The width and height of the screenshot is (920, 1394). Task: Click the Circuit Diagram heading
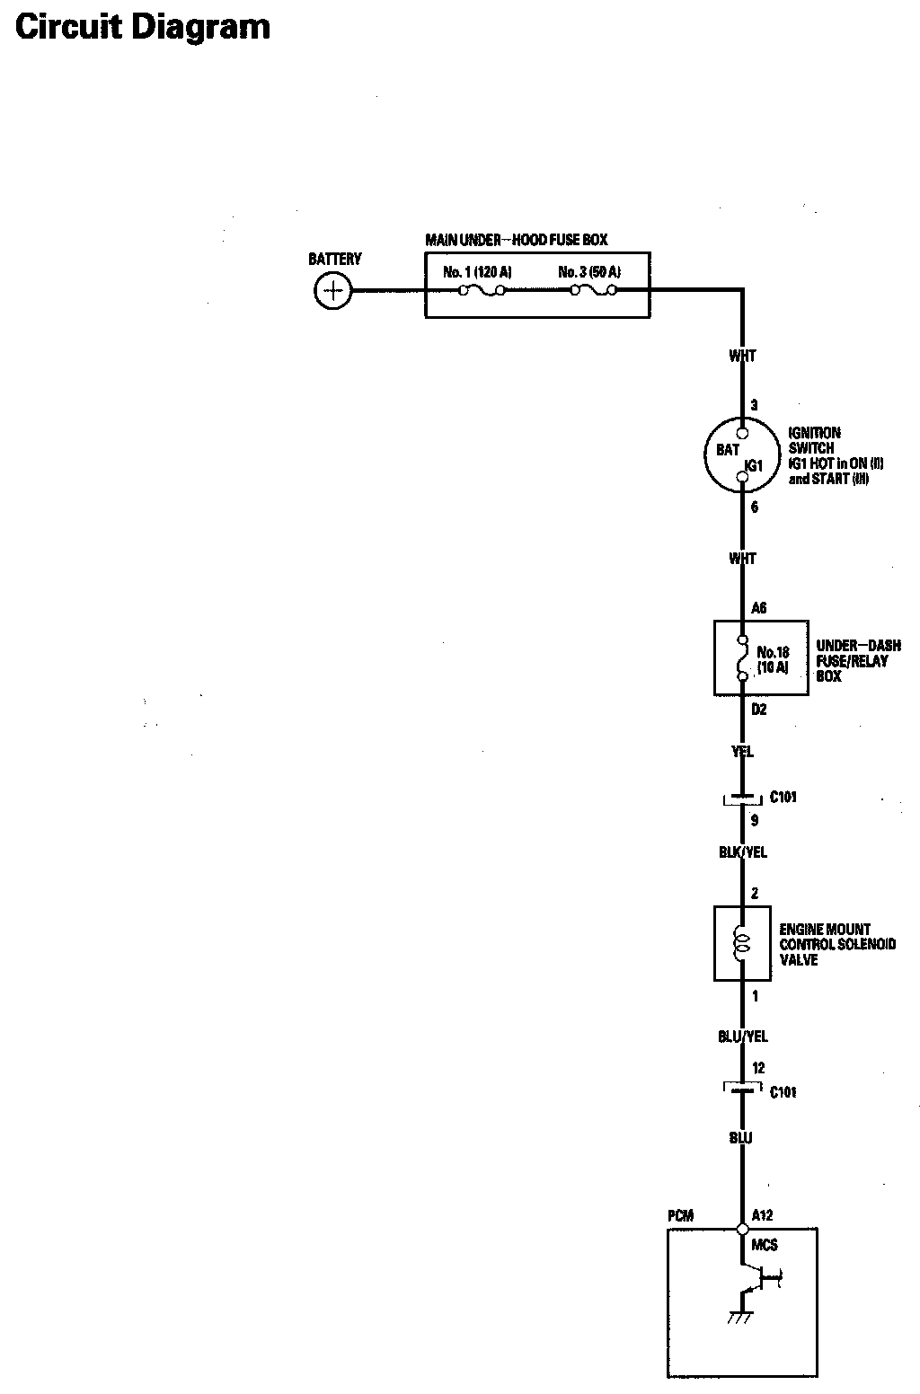[143, 27]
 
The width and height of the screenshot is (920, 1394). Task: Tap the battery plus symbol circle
[333, 290]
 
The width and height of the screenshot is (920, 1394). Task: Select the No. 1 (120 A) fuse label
[477, 271]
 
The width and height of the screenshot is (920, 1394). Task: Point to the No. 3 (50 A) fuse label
[589, 271]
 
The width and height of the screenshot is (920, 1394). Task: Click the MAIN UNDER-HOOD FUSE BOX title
[517, 240]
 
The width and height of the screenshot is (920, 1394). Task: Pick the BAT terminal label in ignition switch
[728, 450]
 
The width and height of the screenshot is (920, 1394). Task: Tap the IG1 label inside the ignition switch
[754, 466]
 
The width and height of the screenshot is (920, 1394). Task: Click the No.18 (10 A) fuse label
[773, 660]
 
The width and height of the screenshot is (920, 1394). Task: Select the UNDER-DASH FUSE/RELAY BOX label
[858, 661]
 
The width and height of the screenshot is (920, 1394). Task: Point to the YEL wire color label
[742, 752]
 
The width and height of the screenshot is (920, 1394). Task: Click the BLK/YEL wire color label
[743, 852]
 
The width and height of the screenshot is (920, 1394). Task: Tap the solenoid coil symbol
[742, 942]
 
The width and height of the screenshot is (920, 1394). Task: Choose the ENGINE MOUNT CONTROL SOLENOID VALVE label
[837, 944]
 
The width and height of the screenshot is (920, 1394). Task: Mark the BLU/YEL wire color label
[743, 1037]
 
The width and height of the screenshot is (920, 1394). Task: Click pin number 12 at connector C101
[758, 1068]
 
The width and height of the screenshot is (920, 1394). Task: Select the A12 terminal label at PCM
[762, 1216]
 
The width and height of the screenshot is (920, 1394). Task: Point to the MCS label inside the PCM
[765, 1245]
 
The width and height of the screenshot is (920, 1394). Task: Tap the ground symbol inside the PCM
[740, 1318]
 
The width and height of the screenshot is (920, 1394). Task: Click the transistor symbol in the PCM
[755, 1278]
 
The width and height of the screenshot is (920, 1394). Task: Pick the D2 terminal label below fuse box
[759, 710]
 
